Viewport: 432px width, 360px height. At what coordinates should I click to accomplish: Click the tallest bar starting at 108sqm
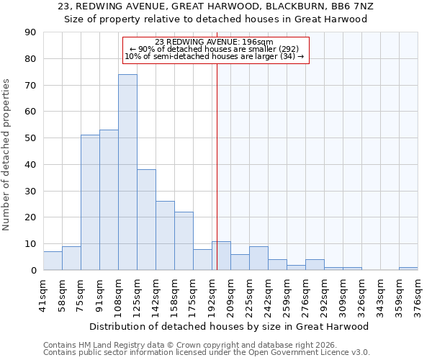[127, 172]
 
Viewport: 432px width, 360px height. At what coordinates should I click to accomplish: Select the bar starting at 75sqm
[90, 202]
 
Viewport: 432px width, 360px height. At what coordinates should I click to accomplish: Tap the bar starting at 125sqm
[146, 220]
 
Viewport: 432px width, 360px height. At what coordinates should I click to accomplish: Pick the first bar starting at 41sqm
[53, 261]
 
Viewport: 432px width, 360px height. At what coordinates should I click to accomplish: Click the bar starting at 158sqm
[184, 241]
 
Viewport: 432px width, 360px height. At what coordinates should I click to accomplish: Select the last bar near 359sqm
[408, 269]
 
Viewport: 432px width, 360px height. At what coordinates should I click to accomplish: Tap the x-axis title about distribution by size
[230, 326]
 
